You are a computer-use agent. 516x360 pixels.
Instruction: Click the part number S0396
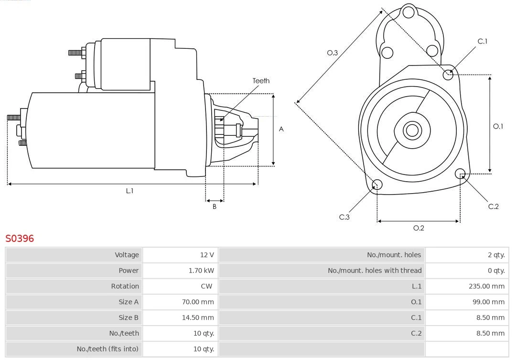(x=20, y=238)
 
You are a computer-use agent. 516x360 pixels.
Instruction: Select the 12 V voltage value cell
(x=207, y=255)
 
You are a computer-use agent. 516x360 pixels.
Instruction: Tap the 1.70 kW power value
(x=201, y=271)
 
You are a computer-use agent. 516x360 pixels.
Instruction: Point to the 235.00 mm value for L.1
(x=486, y=286)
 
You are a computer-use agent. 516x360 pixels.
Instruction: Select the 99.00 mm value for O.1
(x=488, y=302)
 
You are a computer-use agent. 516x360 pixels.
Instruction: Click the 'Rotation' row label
(x=125, y=286)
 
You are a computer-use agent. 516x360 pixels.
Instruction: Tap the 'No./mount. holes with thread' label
(x=375, y=271)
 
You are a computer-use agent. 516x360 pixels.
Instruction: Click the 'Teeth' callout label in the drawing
(x=261, y=81)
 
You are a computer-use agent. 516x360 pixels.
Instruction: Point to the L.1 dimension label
(x=129, y=191)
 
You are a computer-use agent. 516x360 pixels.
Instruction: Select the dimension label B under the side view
(x=215, y=207)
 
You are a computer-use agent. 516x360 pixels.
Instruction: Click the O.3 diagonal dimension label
(x=333, y=53)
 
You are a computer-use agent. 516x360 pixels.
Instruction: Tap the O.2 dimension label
(x=419, y=228)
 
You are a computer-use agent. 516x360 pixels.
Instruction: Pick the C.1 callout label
(x=483, y=42)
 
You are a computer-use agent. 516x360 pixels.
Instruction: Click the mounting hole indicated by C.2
(x=460, y=173)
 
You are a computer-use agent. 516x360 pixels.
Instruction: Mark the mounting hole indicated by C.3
(x=377, y=185)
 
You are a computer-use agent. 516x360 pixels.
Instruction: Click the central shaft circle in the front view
(x=411, y=130)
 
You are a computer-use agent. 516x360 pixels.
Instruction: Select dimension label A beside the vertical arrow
(x=281, y=129)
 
